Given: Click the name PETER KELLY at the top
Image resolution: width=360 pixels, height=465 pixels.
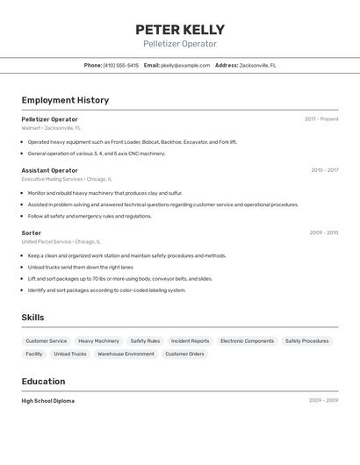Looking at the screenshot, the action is pyautogui.click(x=180, y=30).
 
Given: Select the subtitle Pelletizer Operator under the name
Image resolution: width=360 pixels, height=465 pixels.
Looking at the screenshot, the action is pyautogui.click(x=180, y=44).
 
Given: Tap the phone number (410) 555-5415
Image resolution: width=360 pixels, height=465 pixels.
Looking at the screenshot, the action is pyautogui.click(x=120, y=66).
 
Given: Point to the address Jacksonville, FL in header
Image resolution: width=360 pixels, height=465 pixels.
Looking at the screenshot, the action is pyautogui.click(x=258, y=66).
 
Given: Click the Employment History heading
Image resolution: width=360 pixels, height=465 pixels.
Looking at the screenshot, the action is pyautogui.click(x=65, y=100).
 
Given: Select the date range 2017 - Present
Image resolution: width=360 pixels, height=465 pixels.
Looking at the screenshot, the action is pyautogui.click(x=321, y=119).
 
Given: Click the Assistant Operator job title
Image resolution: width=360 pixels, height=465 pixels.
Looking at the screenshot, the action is pyautogui.click(x=49, y=170).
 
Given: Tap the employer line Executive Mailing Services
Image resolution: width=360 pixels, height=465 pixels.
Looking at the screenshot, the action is pyautogui.click(x=52, y=179).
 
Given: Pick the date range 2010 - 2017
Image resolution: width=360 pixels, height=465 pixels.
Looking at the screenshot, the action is pyautogui.click(x=324, y=170).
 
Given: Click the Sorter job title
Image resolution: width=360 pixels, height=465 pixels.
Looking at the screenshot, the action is pyautogui.click(x=32, y=232).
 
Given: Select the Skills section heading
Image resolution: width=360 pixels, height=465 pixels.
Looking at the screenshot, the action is pyautogui.click(x=32, y=318).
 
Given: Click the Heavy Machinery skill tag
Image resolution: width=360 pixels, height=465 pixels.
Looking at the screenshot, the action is pyautogui.click(x=98, y=341).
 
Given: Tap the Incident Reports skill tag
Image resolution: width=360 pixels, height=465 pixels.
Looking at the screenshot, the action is pyautogui.click(x=190, y=341).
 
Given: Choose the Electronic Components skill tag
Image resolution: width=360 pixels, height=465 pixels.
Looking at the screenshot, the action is pyautogui.click(x=247, y=341).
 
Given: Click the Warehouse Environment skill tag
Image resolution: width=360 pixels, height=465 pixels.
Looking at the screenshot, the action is pyautogui.click(x=126, y=354).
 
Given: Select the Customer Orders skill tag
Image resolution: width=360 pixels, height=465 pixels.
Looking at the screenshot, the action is pyautogui.click(x=184, y=354).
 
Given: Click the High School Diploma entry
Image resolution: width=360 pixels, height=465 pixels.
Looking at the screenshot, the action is pyautogui.click(x=48, y=401).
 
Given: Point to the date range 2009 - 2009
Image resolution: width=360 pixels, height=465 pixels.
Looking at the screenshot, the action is pyautogui.click(x=323, y=401).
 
